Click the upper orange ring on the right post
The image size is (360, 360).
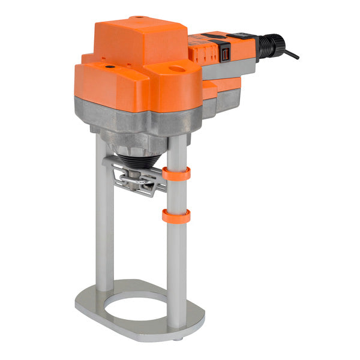(x=176, y=174)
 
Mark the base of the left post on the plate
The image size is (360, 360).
(x=104, y=289)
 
